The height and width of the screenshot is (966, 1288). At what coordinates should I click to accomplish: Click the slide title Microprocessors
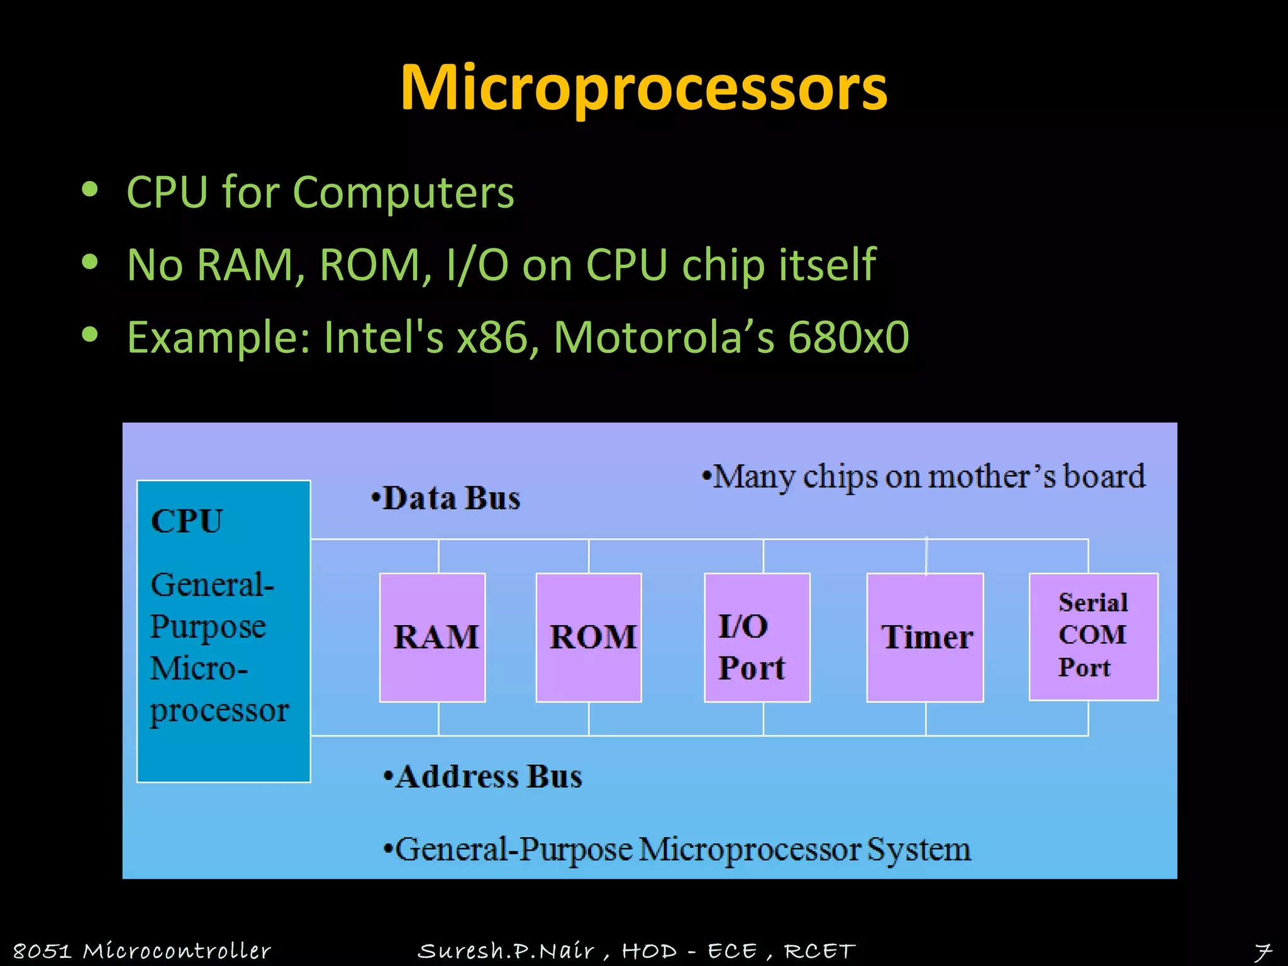pyautogui.click(x=643, y=88)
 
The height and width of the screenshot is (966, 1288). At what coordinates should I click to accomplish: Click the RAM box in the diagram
pyautogui.click(x=433, y=637)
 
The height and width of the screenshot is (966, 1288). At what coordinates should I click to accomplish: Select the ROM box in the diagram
pyautogui.click(x=589, y=637)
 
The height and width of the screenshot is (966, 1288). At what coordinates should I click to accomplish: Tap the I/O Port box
pyautogui.click(x=757, y=637)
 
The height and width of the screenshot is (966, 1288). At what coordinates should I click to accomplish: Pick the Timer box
pyautogui.click(x=925, y=637)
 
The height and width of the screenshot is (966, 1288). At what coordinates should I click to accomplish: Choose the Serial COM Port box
pyautogui.click(x=1093, y=636)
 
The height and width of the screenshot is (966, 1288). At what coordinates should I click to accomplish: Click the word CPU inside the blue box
pyautogui.click(x=187, y=521)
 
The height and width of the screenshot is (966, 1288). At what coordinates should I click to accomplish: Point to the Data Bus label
pyautogui.click(x=451, y=499)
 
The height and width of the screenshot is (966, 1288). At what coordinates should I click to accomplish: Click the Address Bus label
pyautogui.click(x=488, y=777)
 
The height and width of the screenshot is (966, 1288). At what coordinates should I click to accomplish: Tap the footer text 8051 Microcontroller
pyautogui.click(x=142, y=951)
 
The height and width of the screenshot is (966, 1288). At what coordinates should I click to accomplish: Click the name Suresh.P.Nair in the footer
pyautogui.click(x=506, y=951)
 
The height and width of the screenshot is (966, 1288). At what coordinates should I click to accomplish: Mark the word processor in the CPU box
pyautogui.click(x=219, y=711)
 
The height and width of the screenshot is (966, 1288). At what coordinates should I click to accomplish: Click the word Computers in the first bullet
pyautogui.click(x=403, y=192)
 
